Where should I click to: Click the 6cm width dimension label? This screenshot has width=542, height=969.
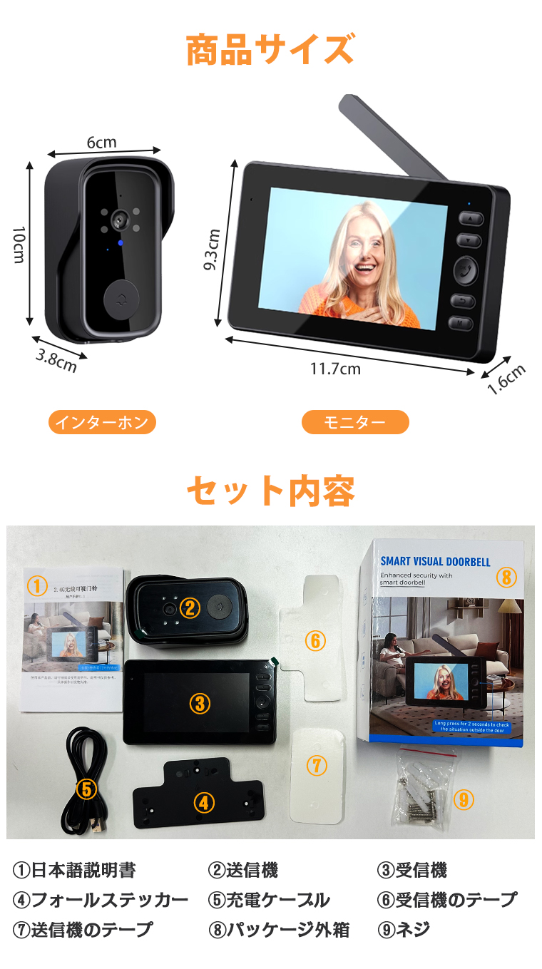click(x=101, y=142)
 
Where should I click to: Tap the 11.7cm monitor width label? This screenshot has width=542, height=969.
click(x=335, y=369)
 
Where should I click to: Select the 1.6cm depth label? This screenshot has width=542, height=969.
click(x=506, y=379)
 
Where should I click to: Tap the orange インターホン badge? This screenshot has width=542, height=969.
click(x=102, y=422)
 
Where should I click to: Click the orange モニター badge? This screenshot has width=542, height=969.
click(x=355, y=422)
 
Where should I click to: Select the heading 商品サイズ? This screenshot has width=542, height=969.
click(x=270, y=51)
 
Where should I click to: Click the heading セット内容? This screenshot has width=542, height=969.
click(x=270, y=491)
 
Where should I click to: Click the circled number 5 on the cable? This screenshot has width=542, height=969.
click(x=86, y=789)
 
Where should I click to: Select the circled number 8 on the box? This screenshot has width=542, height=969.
click(x=506, y=577)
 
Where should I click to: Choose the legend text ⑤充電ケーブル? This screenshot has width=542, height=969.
click(x=269, y=900)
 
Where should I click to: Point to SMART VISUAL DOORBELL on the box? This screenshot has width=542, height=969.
click(x=435, y=561)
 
